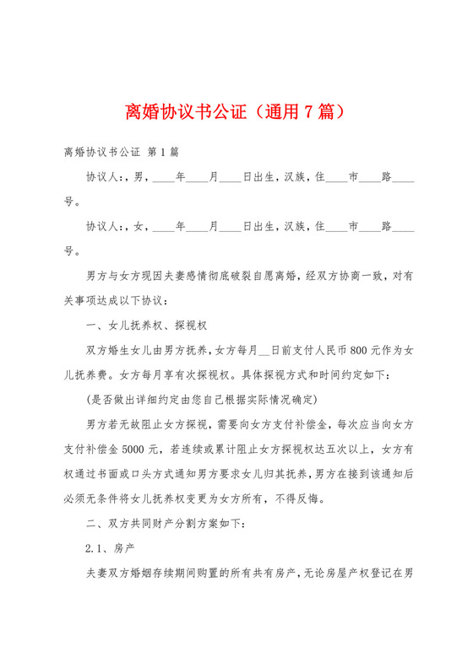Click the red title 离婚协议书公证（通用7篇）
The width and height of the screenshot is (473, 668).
(236, 111)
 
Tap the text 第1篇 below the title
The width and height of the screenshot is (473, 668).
(162, 153)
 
